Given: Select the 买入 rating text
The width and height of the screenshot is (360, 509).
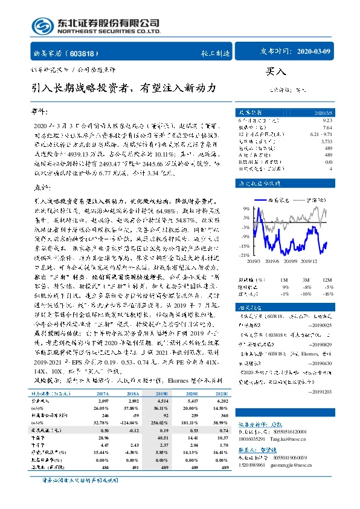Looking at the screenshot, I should (x=275, y=71).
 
